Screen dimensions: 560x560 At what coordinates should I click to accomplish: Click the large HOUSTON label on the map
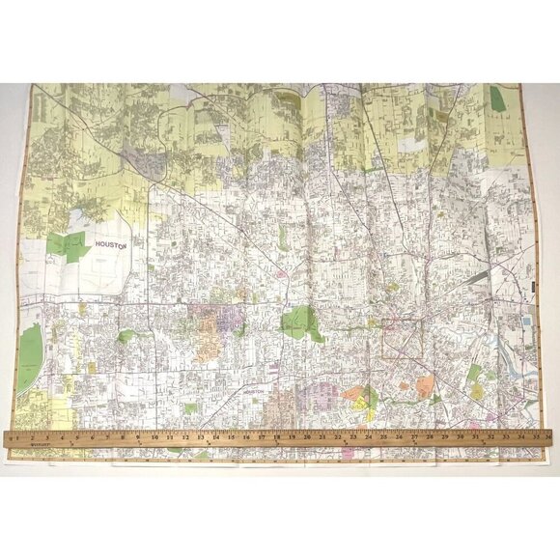tap(111, 246)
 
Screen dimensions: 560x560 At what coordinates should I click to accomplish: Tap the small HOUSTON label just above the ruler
tap(254, 391)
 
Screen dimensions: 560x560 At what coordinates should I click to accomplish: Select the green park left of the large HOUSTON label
tap(68, 243)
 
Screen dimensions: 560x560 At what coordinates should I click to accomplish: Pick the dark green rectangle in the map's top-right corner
tap(497, 98)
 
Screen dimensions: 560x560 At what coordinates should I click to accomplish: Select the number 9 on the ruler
tap(139, 437)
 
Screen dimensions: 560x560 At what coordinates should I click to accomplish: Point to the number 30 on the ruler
tap(460, 437)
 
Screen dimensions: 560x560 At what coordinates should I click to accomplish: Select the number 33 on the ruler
tap(505, 437)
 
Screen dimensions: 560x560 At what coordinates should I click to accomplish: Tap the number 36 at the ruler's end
tap(547, 437)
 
